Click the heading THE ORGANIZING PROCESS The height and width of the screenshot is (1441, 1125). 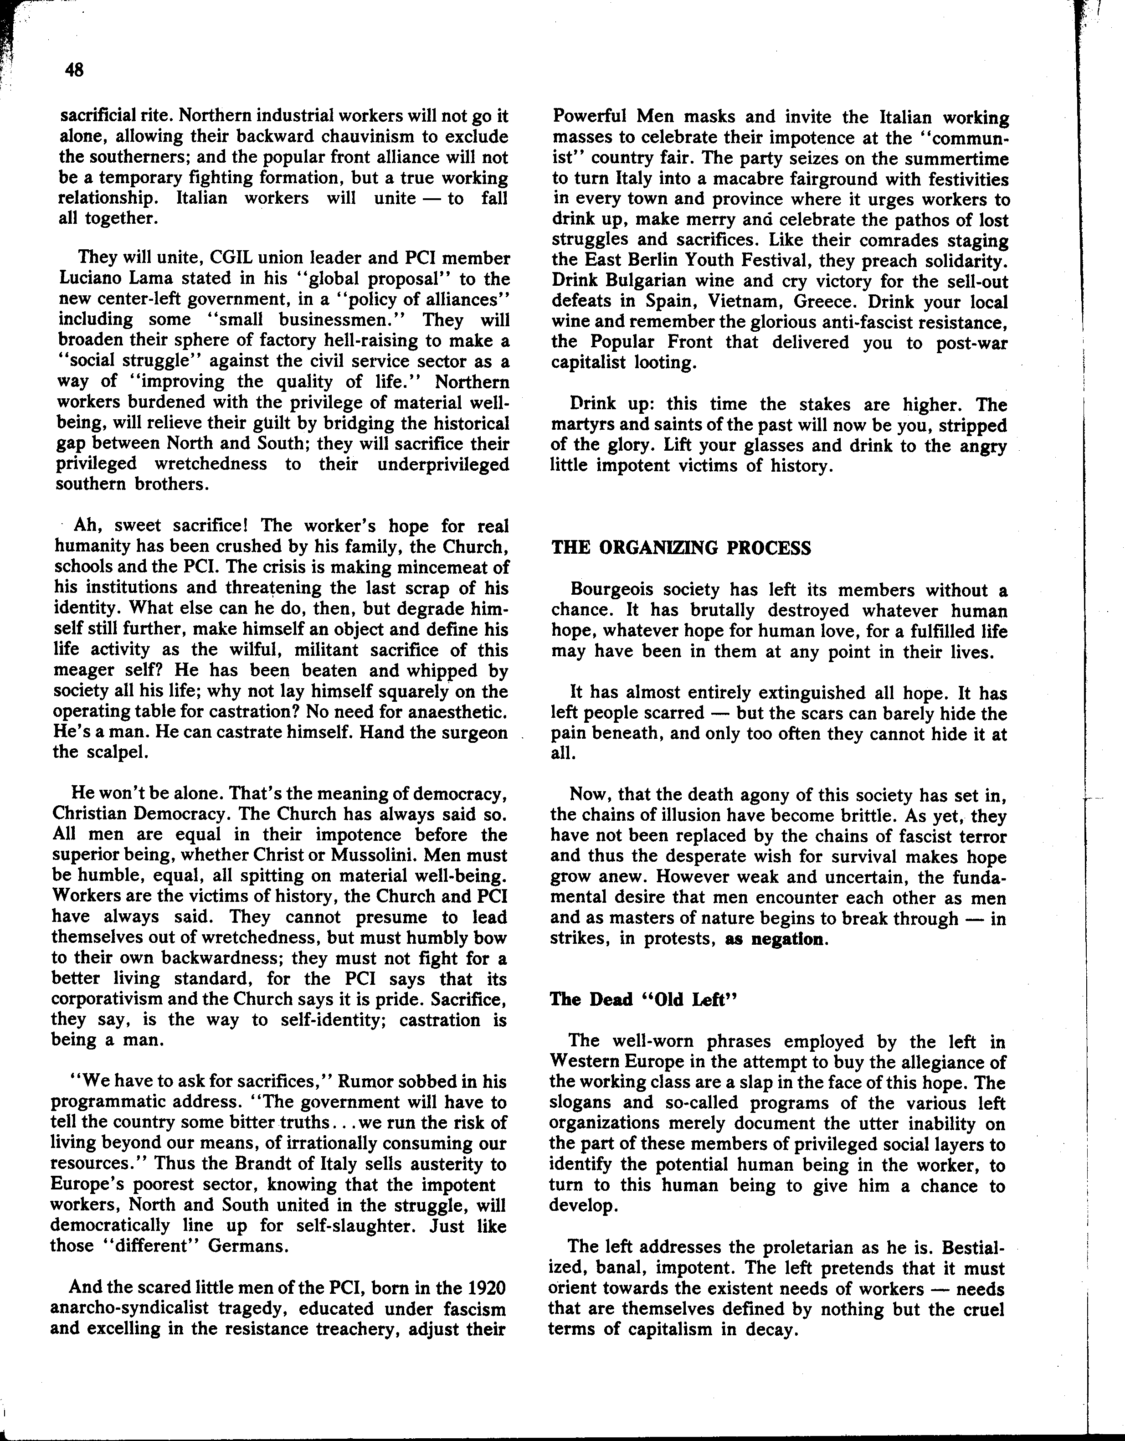click(680, 548)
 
